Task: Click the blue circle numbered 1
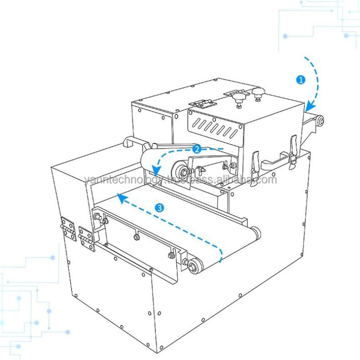point(301,80)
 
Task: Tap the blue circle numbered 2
point(196,148)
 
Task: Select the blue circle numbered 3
point(159,207)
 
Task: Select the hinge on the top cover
point(201,103)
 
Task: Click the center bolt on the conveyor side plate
point(136,235)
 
